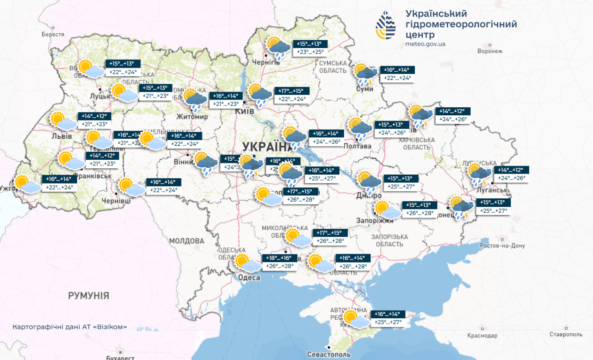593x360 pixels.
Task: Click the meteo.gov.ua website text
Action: click(x=425, y=44)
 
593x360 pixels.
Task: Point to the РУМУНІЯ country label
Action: click(x=89, y=296)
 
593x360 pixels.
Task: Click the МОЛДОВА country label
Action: click(x=187, y=241)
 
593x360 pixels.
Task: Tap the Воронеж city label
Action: click(x=489, y=51)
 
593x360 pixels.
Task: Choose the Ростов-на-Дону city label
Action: click(x=503, y=246)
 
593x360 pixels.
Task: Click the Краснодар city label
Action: click(x=482, y=336)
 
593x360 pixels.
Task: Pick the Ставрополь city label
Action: click(x=566, y=334)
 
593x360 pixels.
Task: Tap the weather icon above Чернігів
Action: click(x=278, y=48)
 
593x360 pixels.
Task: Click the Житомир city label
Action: click(x=192, y=116)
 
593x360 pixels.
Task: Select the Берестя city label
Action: click(x=53, y=34)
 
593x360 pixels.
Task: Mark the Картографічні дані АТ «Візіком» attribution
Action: click(x=69, y=327)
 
